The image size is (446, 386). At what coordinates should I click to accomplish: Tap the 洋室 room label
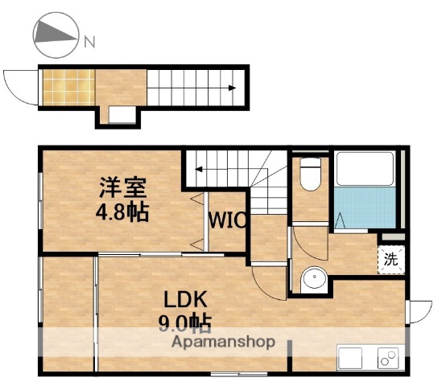click(122, 190)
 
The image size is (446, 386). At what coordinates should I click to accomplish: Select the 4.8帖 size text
click(122, 213)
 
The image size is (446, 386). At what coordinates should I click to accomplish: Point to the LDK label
click(187, 300)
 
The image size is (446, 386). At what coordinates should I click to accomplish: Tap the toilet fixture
click(310, 175)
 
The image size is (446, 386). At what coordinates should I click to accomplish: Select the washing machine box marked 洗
click(390, 260)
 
